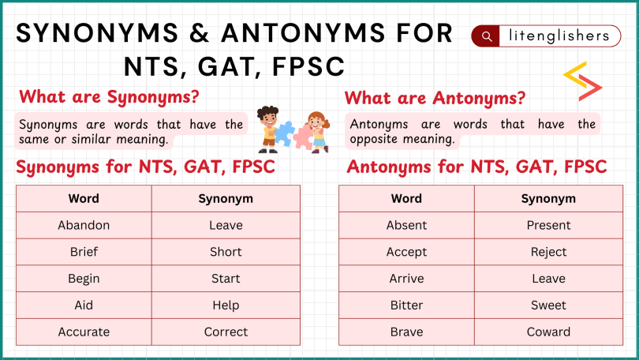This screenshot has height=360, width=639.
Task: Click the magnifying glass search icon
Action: tap(487, 36)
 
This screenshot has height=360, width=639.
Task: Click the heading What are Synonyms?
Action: tap(109, 97)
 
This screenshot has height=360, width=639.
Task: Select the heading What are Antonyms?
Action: tap(435, 99)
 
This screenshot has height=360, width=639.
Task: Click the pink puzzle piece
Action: tap(303, 137)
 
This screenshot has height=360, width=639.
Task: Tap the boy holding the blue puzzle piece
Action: tap(268, 128)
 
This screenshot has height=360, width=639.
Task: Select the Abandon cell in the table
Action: tap(84, 225)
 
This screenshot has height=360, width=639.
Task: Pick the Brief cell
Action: tap(84, 252)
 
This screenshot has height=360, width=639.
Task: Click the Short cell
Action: tap(226, 252)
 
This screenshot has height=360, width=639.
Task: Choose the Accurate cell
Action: tap(84, 332)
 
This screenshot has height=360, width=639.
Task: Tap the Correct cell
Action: tap(226, 332)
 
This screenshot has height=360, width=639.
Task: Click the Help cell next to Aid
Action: tap(226, 305)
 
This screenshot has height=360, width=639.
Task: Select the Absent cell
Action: tap(406, 225)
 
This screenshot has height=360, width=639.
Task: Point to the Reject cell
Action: tap(548, 252)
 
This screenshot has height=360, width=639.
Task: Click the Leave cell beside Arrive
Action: tap(548, 279)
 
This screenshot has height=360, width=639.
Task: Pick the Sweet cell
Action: tap(548, 305)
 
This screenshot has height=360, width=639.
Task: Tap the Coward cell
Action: tap(548, 332)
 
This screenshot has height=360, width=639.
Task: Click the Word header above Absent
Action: tap(406, 198)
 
